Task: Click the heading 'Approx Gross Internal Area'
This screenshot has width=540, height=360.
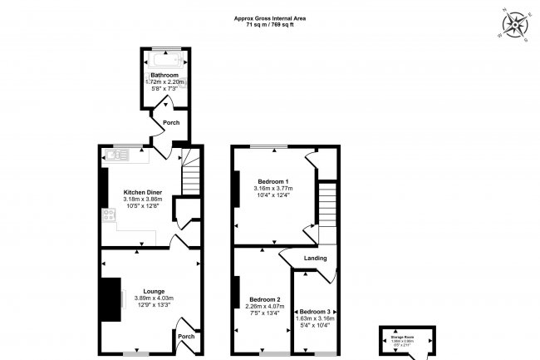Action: [x=270, y=17]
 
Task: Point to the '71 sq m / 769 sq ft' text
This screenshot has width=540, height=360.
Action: [x=270, y=25]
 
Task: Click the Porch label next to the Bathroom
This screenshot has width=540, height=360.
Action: [x=171, y=122]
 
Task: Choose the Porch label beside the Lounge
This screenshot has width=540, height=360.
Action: [x=187, y=336]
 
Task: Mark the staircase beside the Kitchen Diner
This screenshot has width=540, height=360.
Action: [x=191, y=175]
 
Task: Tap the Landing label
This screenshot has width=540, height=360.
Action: [x=315, y=258]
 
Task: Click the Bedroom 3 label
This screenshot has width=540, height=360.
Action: [x=315, y=311]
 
